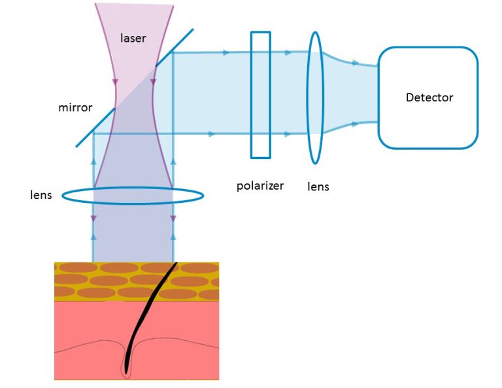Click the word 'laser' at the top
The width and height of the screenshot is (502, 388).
(x=133, y=38)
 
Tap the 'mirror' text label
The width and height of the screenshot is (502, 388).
(x=75, y=107)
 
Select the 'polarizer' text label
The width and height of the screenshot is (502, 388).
(x=259, y=185)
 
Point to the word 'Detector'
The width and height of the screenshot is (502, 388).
(x=429, y=97)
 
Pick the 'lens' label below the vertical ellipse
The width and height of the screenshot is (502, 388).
(x=318, y=186)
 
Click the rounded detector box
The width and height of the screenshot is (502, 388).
(x=427, y=124)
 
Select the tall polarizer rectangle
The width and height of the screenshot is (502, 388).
(x=260, y=95)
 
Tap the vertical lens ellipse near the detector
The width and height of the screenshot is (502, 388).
(x=316, y=98)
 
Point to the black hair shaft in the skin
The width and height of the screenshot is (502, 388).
(x=148, y=308)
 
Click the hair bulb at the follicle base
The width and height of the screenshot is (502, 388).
(x=126, y=370)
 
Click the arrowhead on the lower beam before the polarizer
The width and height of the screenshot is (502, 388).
(x=211, y=133)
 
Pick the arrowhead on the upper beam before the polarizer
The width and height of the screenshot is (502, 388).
(x=226, y=51)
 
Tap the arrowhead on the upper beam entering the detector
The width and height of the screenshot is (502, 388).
(x=356, y=63)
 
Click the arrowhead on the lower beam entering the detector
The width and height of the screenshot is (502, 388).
(x=356, y=122)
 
